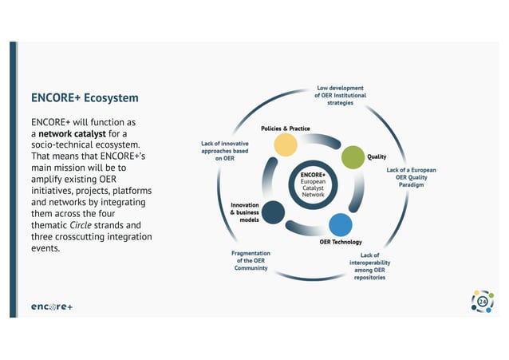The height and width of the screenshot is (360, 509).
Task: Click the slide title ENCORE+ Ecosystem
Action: (85, 98)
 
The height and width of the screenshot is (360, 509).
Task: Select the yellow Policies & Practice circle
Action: (286, 144)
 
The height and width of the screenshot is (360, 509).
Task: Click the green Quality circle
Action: (353, 157)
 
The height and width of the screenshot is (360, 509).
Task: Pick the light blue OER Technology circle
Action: (341, 224)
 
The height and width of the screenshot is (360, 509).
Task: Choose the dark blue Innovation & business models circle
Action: (274, 212)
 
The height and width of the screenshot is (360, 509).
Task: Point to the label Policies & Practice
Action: (286, 129)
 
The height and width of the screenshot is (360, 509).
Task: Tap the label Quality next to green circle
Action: (377, 156)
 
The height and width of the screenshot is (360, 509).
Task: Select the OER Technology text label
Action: (341, 242)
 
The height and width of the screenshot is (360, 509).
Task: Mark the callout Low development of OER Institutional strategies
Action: (340, 95)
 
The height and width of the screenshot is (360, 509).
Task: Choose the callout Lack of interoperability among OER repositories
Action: (369, 267)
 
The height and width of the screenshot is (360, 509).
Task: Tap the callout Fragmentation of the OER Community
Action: (251, 260)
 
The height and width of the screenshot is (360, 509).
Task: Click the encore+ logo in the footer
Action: (52, 307)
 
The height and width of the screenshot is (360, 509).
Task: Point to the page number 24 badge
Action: (482, 303)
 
